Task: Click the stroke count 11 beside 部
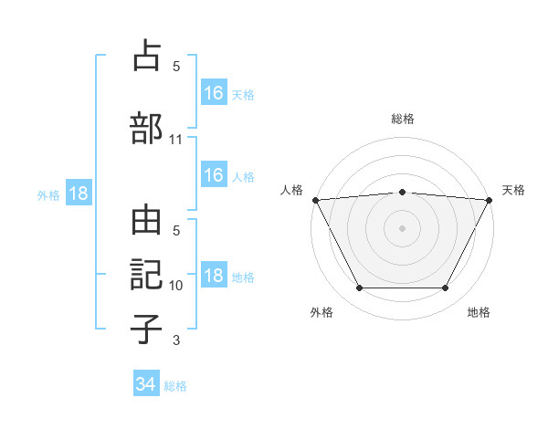[176, 140]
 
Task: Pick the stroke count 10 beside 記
[176, 286]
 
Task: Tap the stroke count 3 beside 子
[176, 340]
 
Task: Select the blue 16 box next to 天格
[214, 93]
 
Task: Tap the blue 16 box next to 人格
[214, 175]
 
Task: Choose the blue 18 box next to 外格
[79, 194]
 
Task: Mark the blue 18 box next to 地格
[214, 276]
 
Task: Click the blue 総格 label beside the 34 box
[175, 386]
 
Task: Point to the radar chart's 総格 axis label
[402, 119]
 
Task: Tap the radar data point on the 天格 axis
[489, 200]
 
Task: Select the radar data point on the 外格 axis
[359, 288]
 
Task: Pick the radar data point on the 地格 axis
[445, 288]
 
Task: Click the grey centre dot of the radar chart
[402, 228]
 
